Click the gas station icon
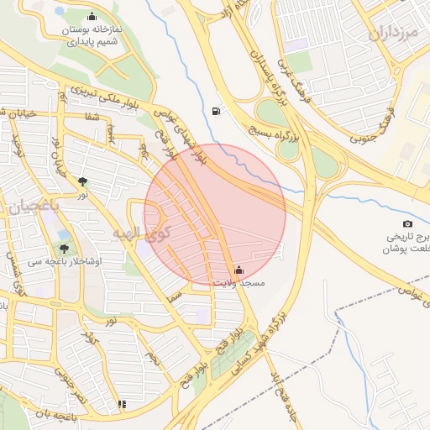[x=218, y=111]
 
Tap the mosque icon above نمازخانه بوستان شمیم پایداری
[x=92, y=17]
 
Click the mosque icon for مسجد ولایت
[x=239, y=270]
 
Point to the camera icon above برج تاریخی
[x=407, y=224]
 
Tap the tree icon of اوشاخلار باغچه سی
[x=64, y=248]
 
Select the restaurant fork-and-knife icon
[x=123, y=404]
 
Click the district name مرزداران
[x=392, y=34]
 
